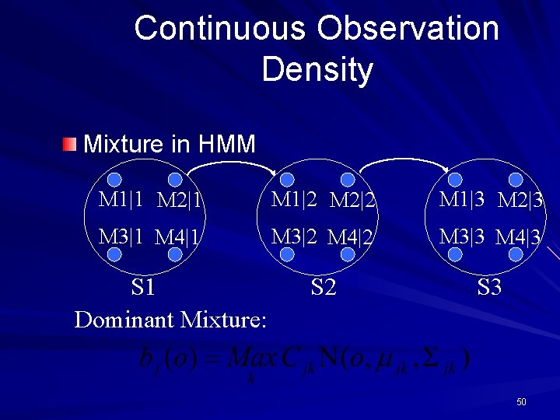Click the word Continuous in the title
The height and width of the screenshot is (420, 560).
pos(221,29)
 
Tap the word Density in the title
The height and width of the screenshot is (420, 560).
pos(317,69)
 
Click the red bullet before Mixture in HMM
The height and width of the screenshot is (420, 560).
pos(71,144)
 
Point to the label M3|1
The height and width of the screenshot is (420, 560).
pos(121,236)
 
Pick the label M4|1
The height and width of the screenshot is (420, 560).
pos(179,236)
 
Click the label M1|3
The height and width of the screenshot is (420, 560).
pos(462,199)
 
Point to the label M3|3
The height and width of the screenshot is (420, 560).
pos(462,236)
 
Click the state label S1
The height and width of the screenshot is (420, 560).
pos(143,288)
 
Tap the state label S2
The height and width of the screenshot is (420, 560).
pos(323,288)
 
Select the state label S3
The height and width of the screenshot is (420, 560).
pos(489,288)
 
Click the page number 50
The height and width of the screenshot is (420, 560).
pos(521,402)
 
